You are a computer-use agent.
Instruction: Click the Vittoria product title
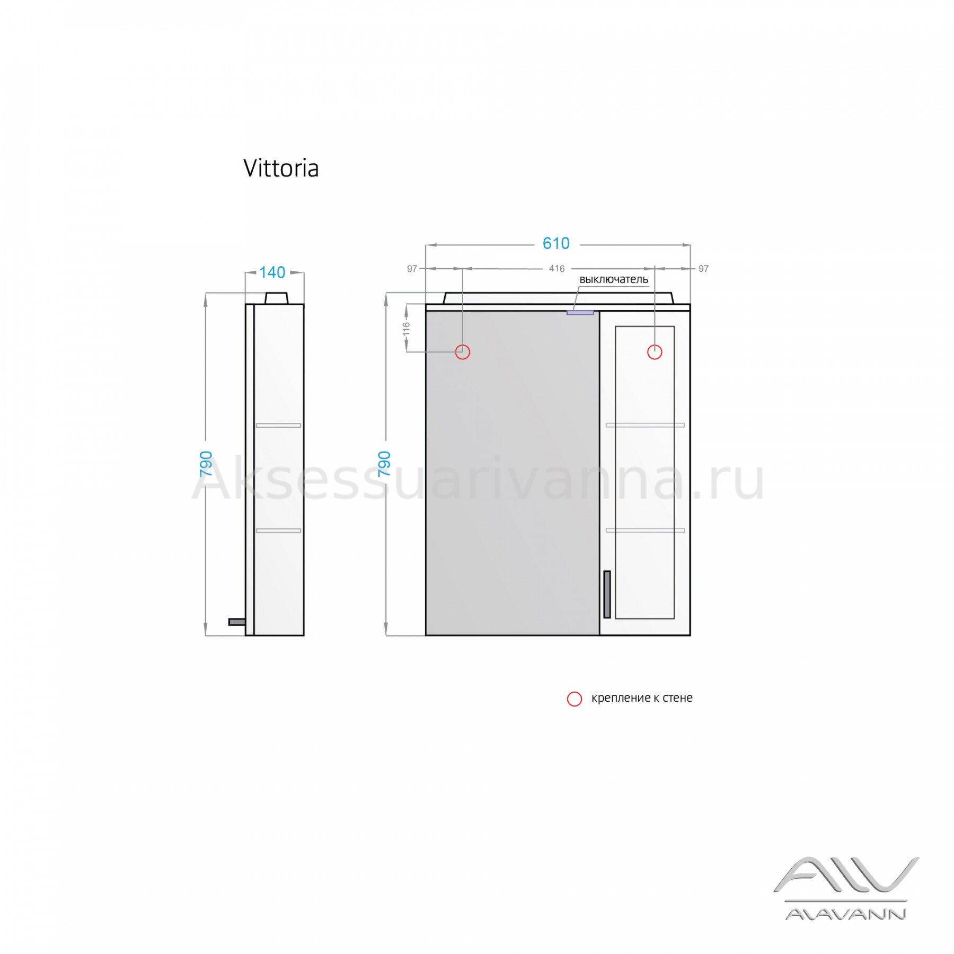[x=281, y=169]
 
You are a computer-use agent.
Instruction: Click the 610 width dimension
[x=556, y=243]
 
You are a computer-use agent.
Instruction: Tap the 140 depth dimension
[x=272, y=272]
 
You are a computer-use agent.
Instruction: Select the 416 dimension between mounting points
[x=556, y=269]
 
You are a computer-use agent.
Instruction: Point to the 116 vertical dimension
[x=407, y=329]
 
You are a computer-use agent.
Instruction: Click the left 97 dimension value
[x=412, y=269]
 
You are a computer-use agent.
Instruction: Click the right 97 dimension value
[x=703, y=269]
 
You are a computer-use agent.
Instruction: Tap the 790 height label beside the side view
[x=206, y=464]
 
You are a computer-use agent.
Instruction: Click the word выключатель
[x=614, y=279]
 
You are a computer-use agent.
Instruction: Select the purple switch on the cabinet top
[x=580, y=313]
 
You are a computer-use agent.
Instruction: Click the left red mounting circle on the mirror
[x=463, y=352]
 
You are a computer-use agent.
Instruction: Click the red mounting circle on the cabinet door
[x=655, y=352]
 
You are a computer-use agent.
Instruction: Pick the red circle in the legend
[x=575, y=699]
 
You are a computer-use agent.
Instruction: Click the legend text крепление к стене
[x=642, y=698]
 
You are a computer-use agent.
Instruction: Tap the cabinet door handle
[x=607, y=594]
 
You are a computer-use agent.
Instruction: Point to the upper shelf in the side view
[x=278, y=425]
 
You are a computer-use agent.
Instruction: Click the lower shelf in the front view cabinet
[x=645, y=530]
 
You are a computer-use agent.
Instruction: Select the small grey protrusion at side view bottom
[x=237, y=622]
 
